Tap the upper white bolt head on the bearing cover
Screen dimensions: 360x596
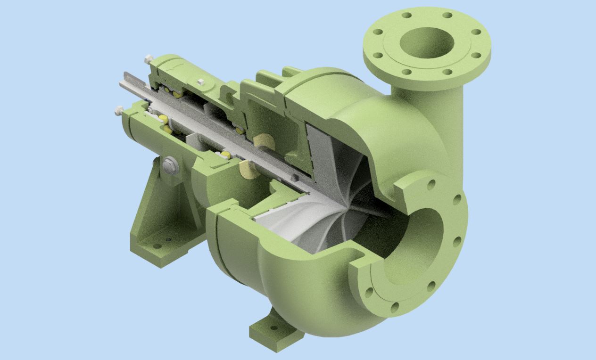(x=149, y=59)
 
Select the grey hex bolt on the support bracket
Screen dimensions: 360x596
(x=170, y=164)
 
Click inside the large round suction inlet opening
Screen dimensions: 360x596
(x=420, y=231)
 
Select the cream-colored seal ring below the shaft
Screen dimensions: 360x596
(x=248, y=170)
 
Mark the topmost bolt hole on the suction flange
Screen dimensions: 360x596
(x=430, y=185)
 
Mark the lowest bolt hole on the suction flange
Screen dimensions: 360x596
(x=395, y=307)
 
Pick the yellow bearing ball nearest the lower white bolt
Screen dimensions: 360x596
(x=163, y=118)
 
